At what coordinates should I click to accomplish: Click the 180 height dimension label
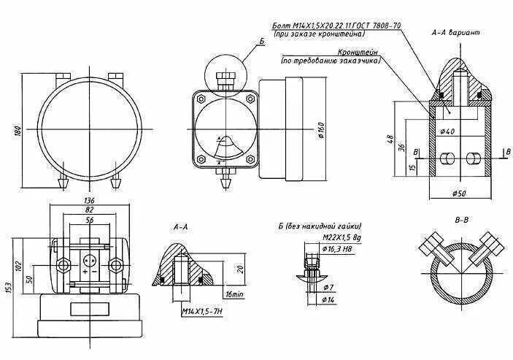pyautogui.click(x=15, y=131)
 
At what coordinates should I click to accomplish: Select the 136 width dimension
pyautogui.click(x=90, y=201)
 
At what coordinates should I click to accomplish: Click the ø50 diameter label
pyautogui.click(x=460, y=194)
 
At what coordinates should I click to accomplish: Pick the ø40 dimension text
pyautogui.click(x=447, y=131)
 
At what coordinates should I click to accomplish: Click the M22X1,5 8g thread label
pyautogui.click(x=341, y=238)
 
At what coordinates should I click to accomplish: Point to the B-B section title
pyautogui.click(x=461, y=218)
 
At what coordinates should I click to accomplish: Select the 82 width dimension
pyautogui.click(x=90, y=210)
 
